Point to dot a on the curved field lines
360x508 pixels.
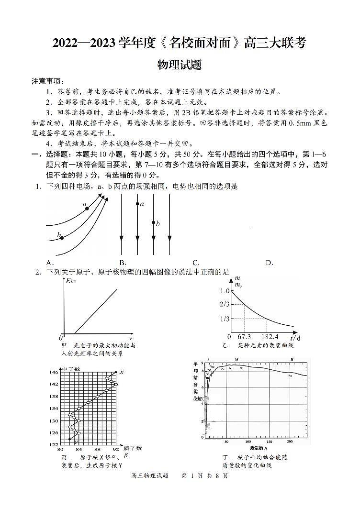[x=87, y=209]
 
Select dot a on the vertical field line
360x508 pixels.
[x=137, y=204]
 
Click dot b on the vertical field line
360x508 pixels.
[x=153, y=222]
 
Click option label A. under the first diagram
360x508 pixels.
[x=50, y=263]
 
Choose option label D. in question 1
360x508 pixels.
[x=270, y=263]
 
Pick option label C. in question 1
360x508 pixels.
[x=196, y=263]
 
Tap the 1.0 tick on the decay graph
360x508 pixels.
[x=225, y=291]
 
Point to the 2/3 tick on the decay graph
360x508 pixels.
[x=225, y=305]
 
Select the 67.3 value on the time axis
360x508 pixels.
[x=244, y=337]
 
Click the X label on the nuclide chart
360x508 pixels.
[x=122, y=372]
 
